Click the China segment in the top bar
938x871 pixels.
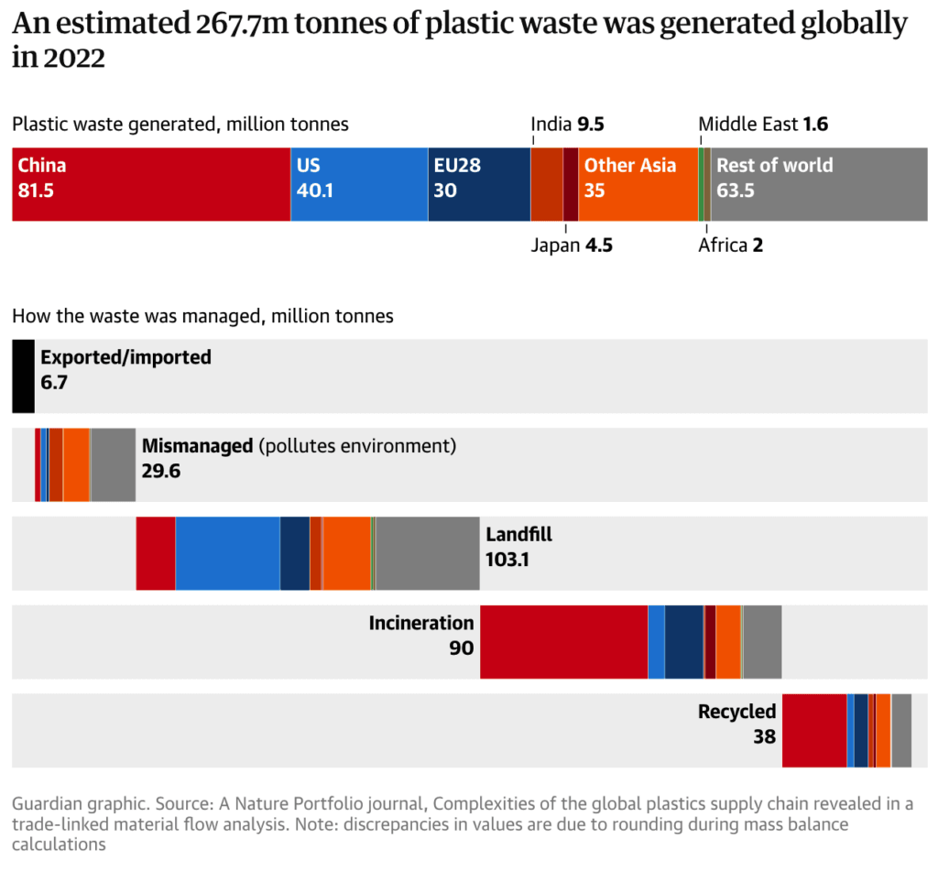(151, 183)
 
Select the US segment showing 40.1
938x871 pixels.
(359, 183)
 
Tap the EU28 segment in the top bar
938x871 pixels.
(479, 183)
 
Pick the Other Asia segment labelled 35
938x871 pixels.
(638, 183)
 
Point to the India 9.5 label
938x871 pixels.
(568, 125)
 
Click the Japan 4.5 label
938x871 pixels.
(568, 245)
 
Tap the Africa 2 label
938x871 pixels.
(730, 245)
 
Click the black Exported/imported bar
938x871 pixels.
(23, 376)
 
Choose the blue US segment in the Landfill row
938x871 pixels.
(227, 553)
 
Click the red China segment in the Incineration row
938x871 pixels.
(563, 642)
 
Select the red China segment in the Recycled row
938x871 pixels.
(814, 731)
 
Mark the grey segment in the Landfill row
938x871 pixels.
(428, 553)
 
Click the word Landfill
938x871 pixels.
(518, 535)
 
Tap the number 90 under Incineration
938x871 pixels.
(462, 648)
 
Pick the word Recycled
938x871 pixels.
(736, 712)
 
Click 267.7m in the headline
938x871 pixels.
(241, 26)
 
